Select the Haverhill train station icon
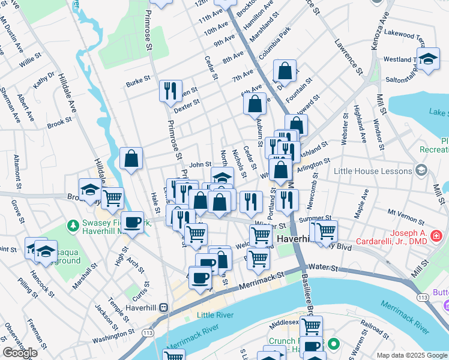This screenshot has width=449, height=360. [x=163, y=307]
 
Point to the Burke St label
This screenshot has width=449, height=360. [x=137, y=82]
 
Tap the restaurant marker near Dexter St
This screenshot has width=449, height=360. [x=170, y=91]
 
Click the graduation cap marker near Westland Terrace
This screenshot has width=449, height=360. [x=427, y=60]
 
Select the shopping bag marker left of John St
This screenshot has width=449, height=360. [x=131, y=159]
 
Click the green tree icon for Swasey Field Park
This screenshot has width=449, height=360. [x=73, y=226]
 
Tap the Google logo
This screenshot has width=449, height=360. [x=20, y=353]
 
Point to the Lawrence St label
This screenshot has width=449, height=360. [x=349, y=56]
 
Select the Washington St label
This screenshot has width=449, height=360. [x=113, y=333]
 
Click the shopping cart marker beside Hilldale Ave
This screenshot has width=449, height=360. [x=112, y=197]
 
